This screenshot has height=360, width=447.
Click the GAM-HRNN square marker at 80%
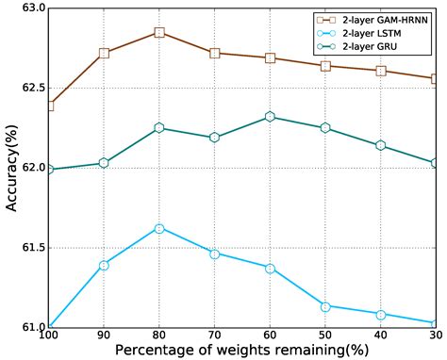pyautogui.click(x=159, y=33)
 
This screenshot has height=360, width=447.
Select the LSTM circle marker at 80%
pyautogui.click(x=159, y=229)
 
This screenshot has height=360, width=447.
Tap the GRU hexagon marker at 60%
pyautogui.click(x=271, y=117)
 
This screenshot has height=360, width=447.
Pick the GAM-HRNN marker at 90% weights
pyautogui.click(x=104, y=53)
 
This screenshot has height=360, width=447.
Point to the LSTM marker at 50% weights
pyautogui.click(x=325, y=306)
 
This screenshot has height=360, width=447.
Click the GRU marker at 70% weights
pyautogui.click(x=215, y=138)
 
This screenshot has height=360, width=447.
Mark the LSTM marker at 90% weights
pyautogui.click(x=104, y=265)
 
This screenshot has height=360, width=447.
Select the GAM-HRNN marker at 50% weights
pyautogui.click(x=325, y=66)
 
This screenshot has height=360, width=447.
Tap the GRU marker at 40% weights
pyautogui.click(x=381, y=145)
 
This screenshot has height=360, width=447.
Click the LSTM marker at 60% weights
pyautogui.click(x=271, y=269)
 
